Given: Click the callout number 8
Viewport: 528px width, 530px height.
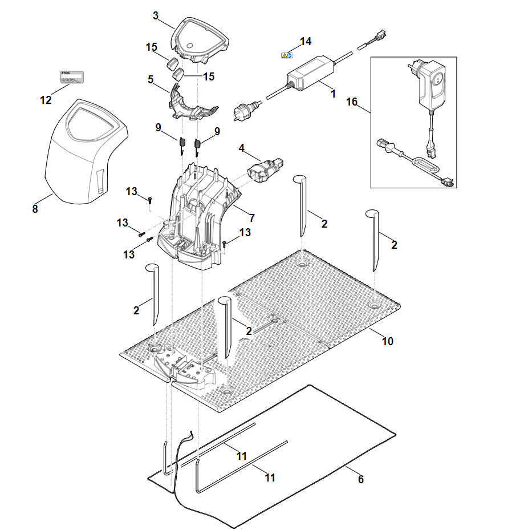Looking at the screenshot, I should click(x=35, y=209).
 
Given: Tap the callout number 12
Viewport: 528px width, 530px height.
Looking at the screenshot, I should click(x=46, y=100).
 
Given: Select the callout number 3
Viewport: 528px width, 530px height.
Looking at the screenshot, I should click(x=156, y=15).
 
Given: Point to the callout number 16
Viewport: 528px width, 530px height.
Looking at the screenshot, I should click(x=352, y=102).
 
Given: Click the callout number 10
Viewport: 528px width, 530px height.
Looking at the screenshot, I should click(x=387, y=341).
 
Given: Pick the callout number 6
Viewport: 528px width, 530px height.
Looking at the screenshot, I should click(x=360, y=479).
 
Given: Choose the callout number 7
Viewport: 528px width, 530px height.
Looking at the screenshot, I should click(x=251, y=217).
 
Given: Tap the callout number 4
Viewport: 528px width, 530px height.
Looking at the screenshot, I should click(x=242, y=148).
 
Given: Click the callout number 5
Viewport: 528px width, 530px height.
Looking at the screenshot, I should click(x=151, y=79).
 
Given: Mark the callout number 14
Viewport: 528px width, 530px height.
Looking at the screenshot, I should click(x=306, y=41).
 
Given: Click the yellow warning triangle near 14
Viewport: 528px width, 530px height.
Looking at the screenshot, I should click(x=284, y=55).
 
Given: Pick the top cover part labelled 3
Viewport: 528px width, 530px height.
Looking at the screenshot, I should click(x=200, y=38).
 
